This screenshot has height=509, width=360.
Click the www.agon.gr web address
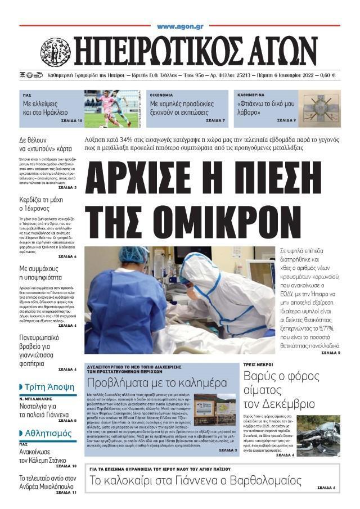[x=180, y=26]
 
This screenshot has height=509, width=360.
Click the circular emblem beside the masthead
[x=56, y=52]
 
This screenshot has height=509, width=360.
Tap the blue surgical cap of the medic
[x=133, y=254]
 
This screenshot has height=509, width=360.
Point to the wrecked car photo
[x=318, y=435]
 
